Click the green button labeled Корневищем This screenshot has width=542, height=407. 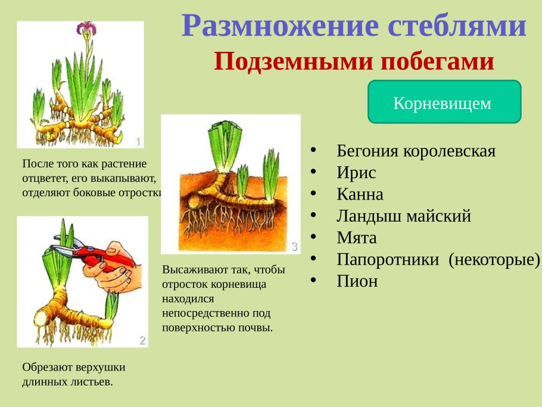(x=444, y=102)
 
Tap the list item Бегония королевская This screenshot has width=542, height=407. (x=416, y=150)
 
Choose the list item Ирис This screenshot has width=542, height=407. (x=356, y=172)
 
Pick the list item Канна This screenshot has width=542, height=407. (x=360, y=194)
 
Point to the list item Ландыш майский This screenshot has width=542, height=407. (x=403, y=216)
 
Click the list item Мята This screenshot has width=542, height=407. (x=356, y=238)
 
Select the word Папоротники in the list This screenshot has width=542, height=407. (x=389, y=259)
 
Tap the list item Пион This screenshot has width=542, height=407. (x=357, y=281)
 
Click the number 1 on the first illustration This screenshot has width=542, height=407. (x=138, y=141)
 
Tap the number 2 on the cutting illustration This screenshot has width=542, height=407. (x=142, y=341)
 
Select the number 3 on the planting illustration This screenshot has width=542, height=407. (x=294, y=246)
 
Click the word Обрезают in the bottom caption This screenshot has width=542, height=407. (x=46, y=368)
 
